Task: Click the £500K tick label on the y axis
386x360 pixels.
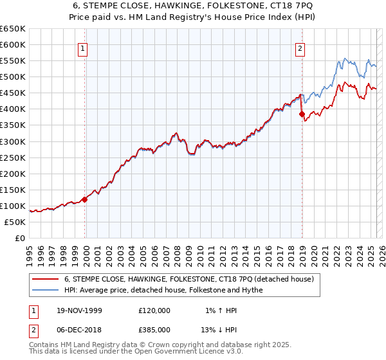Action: coord(13,76)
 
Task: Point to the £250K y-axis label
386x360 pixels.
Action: coord(13,157)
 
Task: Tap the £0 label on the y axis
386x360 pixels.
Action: coord(21,238)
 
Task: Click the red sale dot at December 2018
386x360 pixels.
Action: coord(302,114)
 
